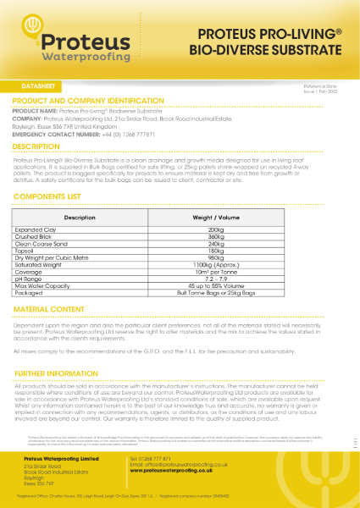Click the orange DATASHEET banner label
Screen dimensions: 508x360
[35, 87]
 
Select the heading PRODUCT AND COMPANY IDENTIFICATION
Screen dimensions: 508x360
[94, 101]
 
